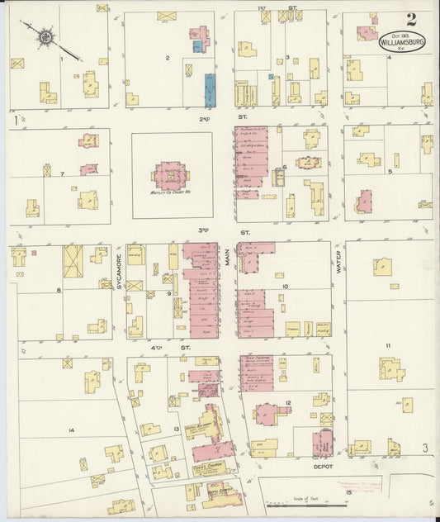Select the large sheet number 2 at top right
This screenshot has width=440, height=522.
(410, 20)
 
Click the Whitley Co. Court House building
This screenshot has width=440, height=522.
(172, 175)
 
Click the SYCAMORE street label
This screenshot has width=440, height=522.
(119, 270)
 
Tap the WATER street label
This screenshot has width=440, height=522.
(338, 263)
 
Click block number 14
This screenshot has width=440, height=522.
(71, 430)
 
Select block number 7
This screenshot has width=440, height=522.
(62, 174)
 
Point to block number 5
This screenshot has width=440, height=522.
(390, 171)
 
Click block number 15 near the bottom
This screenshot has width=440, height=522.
(348, 493)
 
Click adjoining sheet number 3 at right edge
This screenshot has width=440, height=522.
(425, 448)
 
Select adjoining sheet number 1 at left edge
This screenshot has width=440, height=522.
(15, 121)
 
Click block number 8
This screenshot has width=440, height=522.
(59, 290)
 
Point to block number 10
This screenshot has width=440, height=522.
(285, 287)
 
